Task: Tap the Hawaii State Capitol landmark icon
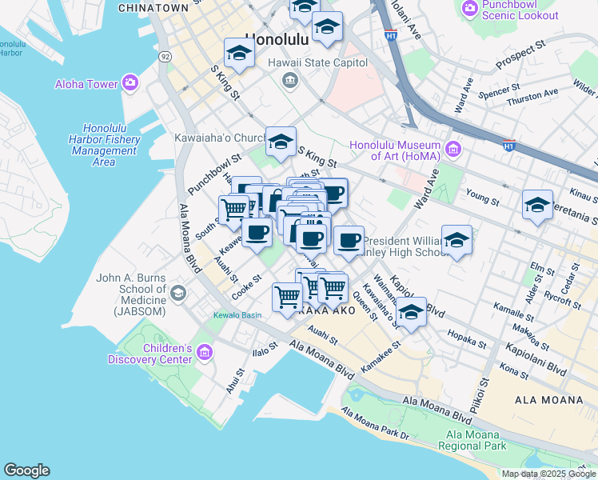point(289,78)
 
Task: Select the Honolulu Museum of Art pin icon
point(453,149)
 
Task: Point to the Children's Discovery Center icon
point(204,353)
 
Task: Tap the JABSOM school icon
point(177,294)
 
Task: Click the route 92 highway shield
point(165,57)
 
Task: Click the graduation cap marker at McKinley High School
point(456,240)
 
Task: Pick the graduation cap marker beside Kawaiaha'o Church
point(280,142)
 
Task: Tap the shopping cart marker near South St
point(233,209)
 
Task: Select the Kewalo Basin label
point(237,315)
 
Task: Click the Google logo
point(26,470)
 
